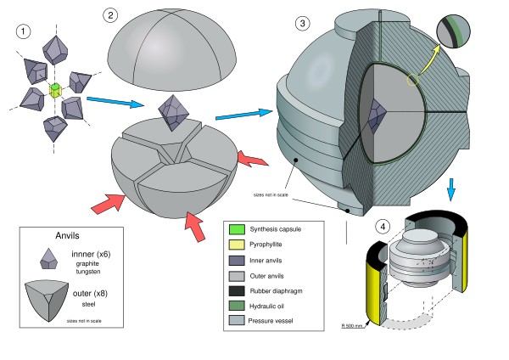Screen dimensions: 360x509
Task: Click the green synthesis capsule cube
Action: tap(56, 89)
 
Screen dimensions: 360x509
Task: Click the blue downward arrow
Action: tap(450, 188)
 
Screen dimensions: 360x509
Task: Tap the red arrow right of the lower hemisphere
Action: tap(252, 159)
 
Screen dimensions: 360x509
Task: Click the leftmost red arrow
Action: tap(107, 204)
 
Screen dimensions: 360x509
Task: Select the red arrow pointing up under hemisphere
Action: tap(195, 227)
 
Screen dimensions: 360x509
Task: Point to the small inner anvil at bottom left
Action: tap(49, 259)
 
